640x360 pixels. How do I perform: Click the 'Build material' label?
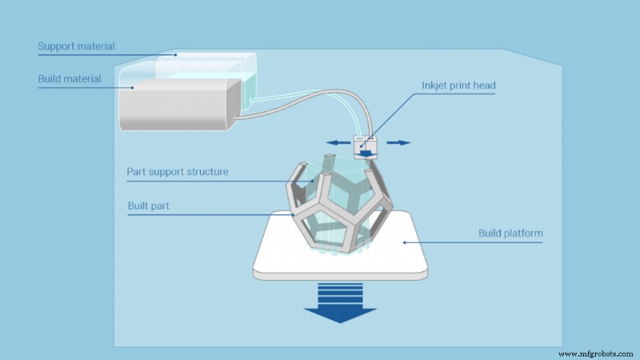click(70, 79)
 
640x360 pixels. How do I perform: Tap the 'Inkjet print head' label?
click(458, 86)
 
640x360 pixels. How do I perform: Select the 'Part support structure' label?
click(178, 171)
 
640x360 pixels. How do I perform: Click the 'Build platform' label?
click(510, 234)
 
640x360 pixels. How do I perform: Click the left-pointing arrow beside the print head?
click(338, 143)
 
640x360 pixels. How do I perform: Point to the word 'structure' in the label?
click(206, 171)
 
